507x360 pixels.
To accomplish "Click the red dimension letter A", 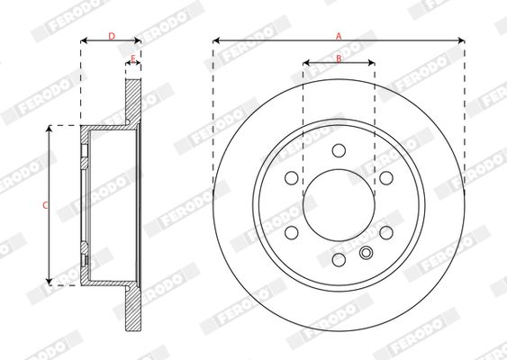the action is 339,36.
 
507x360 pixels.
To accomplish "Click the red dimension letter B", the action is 339,58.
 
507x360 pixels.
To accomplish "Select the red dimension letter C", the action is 46,205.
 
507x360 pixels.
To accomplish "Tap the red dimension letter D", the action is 112,36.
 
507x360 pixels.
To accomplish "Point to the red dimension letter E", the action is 133,58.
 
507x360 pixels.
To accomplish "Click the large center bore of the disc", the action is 339,205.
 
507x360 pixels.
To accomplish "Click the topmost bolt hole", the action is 339,150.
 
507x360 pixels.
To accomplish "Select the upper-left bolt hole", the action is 292,177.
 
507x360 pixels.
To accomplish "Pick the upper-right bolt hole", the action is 386,177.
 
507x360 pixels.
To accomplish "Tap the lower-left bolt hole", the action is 292,232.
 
